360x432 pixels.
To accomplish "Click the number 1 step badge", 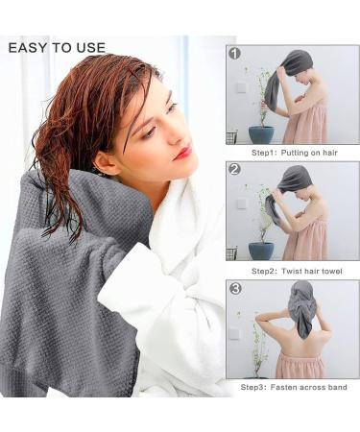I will pos(235,54).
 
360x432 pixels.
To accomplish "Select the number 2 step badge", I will pos(235,169).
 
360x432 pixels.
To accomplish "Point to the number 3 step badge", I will pos(235,288).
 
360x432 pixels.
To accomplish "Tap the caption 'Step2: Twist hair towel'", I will pos(293,270).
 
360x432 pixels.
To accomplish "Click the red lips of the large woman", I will pos(182,152).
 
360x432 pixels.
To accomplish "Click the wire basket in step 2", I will pos(231,252).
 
